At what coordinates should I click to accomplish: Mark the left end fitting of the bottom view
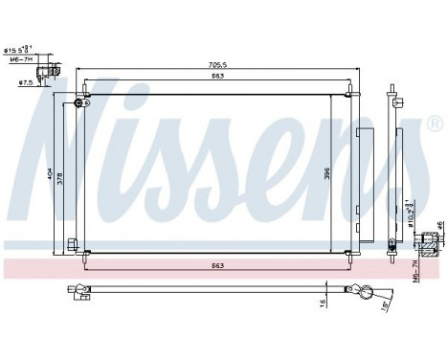pos(76,292)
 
